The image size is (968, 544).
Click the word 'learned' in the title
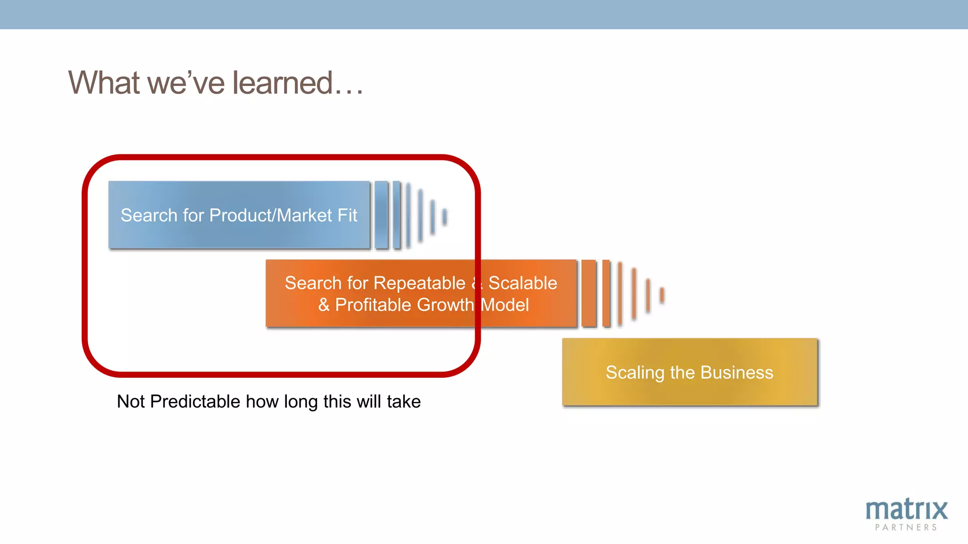282,83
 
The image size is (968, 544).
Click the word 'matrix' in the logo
906,510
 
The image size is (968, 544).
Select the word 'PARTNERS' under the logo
906,527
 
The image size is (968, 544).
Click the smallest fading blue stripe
444,217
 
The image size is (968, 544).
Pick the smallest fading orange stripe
662,295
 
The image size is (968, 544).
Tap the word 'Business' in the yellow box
736,373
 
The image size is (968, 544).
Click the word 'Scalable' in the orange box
522,283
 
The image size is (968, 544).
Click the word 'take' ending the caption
403,402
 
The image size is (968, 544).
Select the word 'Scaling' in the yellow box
635,373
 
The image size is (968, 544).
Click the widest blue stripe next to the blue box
381,215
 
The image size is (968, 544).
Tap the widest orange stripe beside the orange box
588,293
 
